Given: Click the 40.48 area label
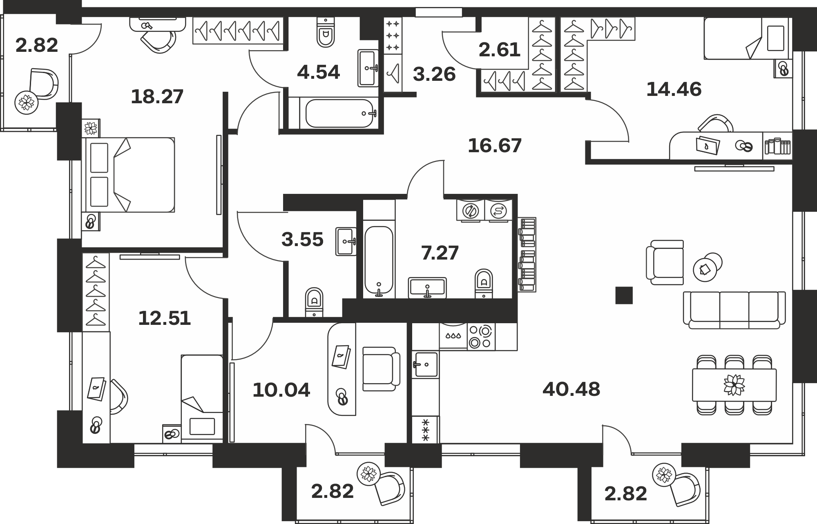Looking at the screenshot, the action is point(571,389).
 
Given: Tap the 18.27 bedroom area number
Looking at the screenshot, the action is point(157,97).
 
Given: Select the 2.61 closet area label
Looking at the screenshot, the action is point(500,50).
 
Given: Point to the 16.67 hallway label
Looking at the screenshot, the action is point(495,146).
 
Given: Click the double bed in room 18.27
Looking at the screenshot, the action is point(128,175).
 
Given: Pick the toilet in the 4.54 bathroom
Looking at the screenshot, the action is point(326,32).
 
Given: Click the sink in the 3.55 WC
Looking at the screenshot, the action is point(346,242).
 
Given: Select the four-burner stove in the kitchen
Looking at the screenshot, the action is point(481,337).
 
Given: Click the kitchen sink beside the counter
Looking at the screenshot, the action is point(426,364).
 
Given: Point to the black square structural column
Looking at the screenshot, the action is point(624,295).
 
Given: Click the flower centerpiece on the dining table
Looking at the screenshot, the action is point(734,385).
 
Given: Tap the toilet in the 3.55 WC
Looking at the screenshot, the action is point(314,302).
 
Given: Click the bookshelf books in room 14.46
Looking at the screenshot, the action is point(777,147).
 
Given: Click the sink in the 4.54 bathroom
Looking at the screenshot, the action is point(368,68).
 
